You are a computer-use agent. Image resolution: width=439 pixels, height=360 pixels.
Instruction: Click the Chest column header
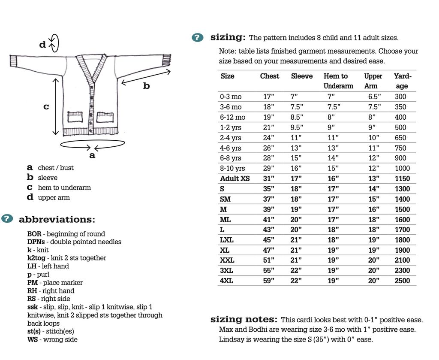click(269, 76)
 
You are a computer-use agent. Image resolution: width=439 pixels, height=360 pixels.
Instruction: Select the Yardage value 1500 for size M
click(402, 209)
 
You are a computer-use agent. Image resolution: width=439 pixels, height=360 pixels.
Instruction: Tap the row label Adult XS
click(235, 178)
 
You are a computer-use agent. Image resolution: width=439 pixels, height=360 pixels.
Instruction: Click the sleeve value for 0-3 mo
click(294, 97)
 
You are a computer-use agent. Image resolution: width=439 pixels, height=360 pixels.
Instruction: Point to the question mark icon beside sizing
click(197, 37)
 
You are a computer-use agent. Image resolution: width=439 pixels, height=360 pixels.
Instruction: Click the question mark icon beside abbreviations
click(7, 219)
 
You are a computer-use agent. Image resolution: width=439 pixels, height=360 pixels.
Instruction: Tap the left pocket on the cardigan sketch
click(75, 117)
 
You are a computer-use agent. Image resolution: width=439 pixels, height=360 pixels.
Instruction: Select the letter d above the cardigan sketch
click(42, 44)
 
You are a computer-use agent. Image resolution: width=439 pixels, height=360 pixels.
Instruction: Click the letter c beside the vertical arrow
click(46, 106)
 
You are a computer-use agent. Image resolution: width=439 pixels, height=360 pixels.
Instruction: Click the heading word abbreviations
click(57, 219)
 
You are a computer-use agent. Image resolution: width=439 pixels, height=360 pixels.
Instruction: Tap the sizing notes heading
click(244, 320)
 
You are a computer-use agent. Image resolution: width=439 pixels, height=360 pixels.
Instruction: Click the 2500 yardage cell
click(402, 281)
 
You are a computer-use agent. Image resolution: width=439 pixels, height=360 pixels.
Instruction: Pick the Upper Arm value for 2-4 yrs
click(374, 138)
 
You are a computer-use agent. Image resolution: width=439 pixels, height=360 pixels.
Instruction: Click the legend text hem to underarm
click(64, 188)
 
